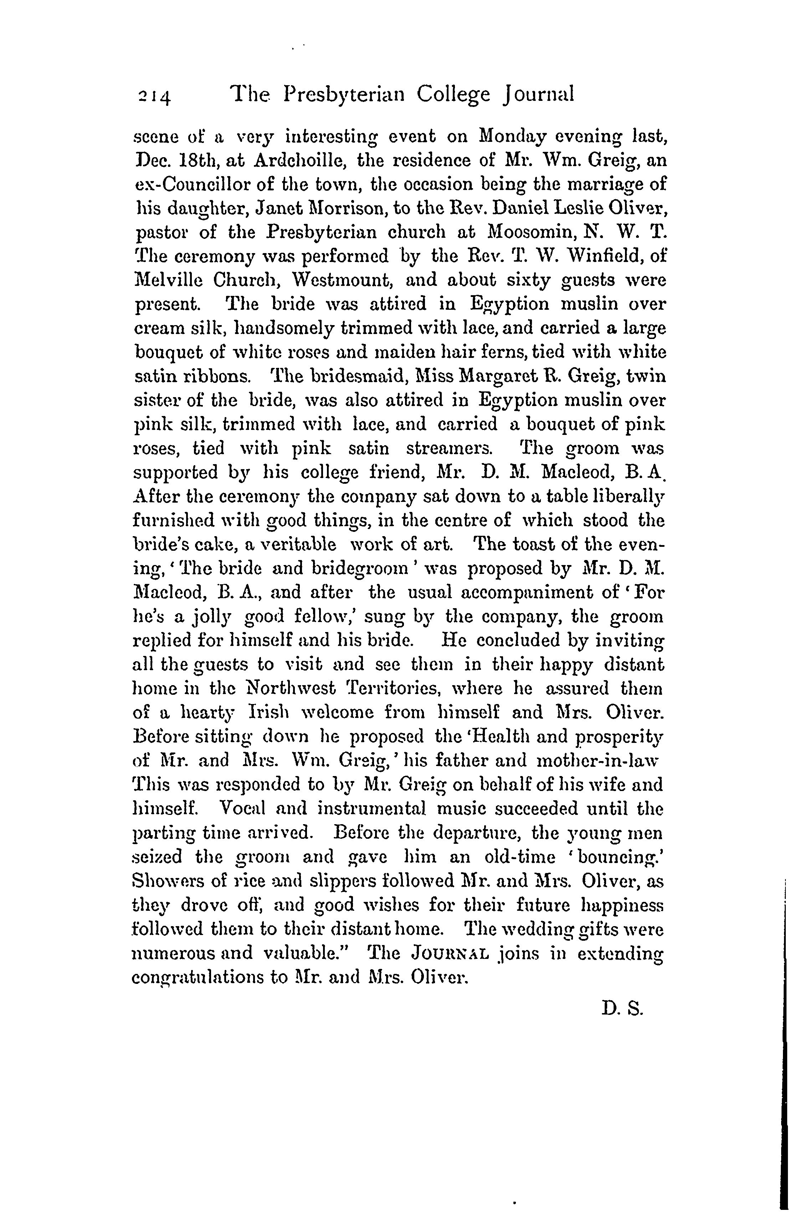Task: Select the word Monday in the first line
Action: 512,137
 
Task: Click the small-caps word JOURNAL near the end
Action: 449,954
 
